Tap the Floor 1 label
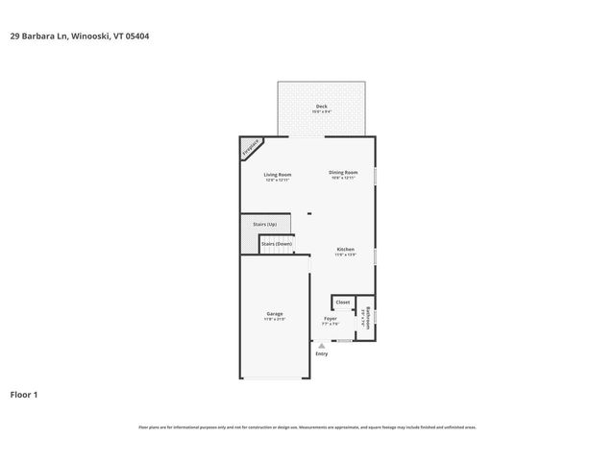(x=24, y=395)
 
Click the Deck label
(x=321, y=106)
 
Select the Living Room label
(x=278, y=174)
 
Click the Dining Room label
(x=343, y=173)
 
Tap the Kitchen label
(x=345, y=250)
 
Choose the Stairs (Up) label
(x=264, y=225)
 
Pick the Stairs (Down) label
(x=277, y=244)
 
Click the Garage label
(x=274, y=314)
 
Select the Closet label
(x=343, y=303)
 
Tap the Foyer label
(x=330, y=319)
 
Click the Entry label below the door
(x=322, y=353)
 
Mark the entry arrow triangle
(x=322, y=345)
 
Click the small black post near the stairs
(x=308, y=213)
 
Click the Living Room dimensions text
(x=278, y=180)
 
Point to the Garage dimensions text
(x=274, y=320)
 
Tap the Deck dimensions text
(x=321, y=111)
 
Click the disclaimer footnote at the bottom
(x=307, y=427)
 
